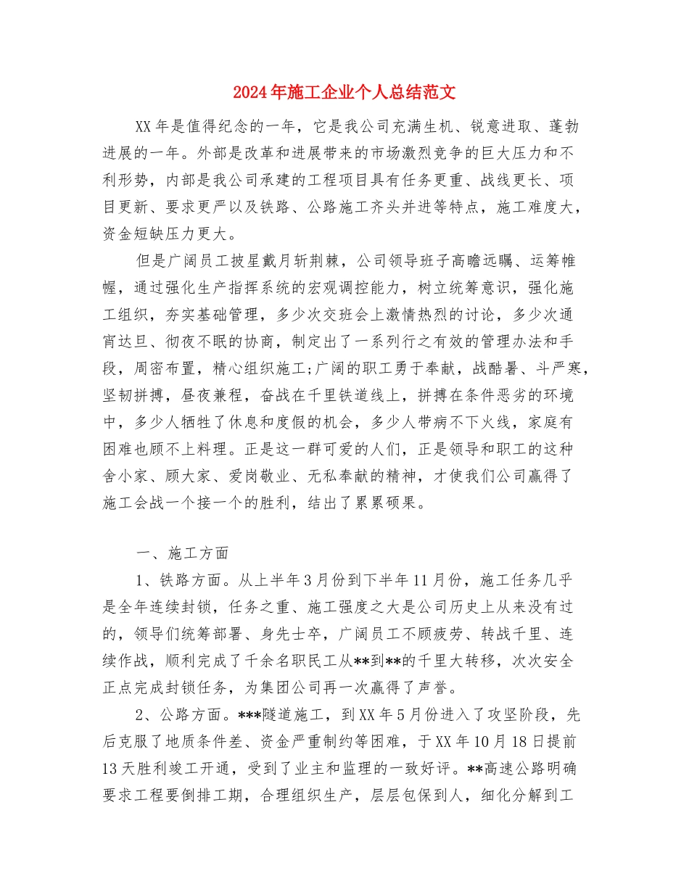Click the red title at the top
point(344,93)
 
